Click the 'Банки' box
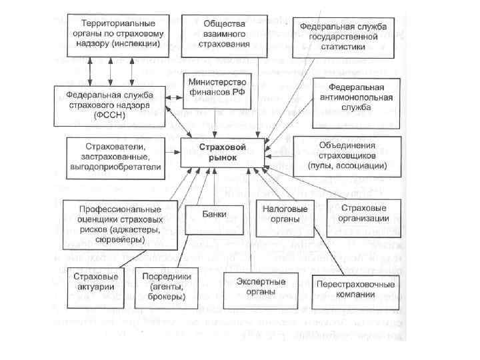[215, 215]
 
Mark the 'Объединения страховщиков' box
[347, 155]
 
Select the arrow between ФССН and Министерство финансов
[172, 99]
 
